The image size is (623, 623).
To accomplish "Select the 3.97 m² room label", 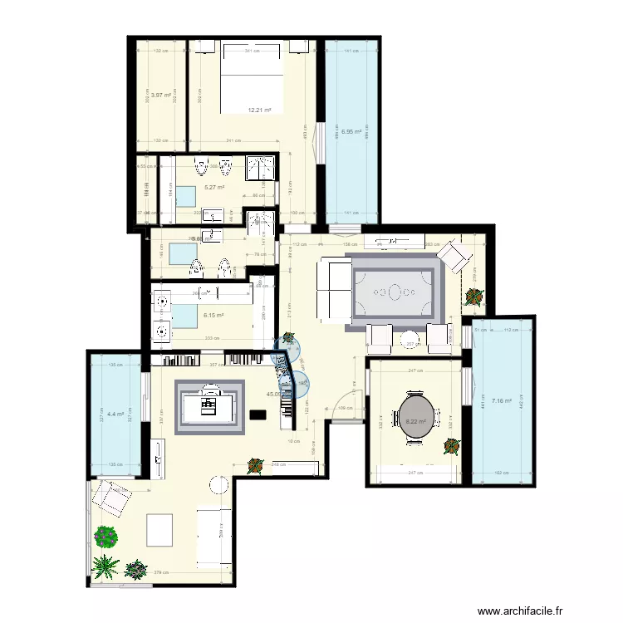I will click(160, 95).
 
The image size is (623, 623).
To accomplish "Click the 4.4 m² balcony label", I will click(115, 414).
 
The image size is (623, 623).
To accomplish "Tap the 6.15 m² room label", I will click(214, 315).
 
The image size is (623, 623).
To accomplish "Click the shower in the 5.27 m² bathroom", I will click(263, 167).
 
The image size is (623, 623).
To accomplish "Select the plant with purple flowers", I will click(105, 537).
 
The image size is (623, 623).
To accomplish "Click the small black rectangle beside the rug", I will click(257, 414).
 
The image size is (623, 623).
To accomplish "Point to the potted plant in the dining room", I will click(451, 446).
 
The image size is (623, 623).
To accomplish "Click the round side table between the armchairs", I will click(219, 483).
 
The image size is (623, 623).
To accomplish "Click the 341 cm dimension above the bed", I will click(250, 52).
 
